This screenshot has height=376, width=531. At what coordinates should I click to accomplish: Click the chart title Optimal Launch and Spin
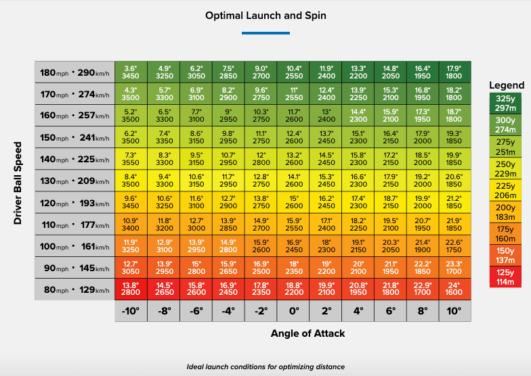point(265,15)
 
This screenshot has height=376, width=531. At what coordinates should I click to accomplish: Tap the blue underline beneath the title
point(265,32)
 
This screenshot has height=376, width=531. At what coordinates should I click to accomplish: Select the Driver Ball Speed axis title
point(19,183)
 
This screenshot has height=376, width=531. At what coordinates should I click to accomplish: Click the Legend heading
point(507,85)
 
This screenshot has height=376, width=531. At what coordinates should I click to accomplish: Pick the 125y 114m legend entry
point(507,277)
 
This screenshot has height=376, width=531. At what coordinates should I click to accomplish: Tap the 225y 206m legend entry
point(507,191)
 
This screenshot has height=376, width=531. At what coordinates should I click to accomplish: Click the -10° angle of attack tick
point(131,312)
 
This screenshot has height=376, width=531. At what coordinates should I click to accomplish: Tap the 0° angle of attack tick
point(293,312)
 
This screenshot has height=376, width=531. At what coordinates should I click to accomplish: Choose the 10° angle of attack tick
point(454,312)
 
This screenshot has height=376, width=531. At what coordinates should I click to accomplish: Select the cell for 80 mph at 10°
point(454,290)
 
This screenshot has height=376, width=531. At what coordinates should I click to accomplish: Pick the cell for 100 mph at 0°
point(293,247)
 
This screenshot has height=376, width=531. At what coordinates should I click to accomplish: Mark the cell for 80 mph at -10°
point(131,290)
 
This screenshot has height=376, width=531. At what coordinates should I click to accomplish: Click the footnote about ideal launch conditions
point(265,367)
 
